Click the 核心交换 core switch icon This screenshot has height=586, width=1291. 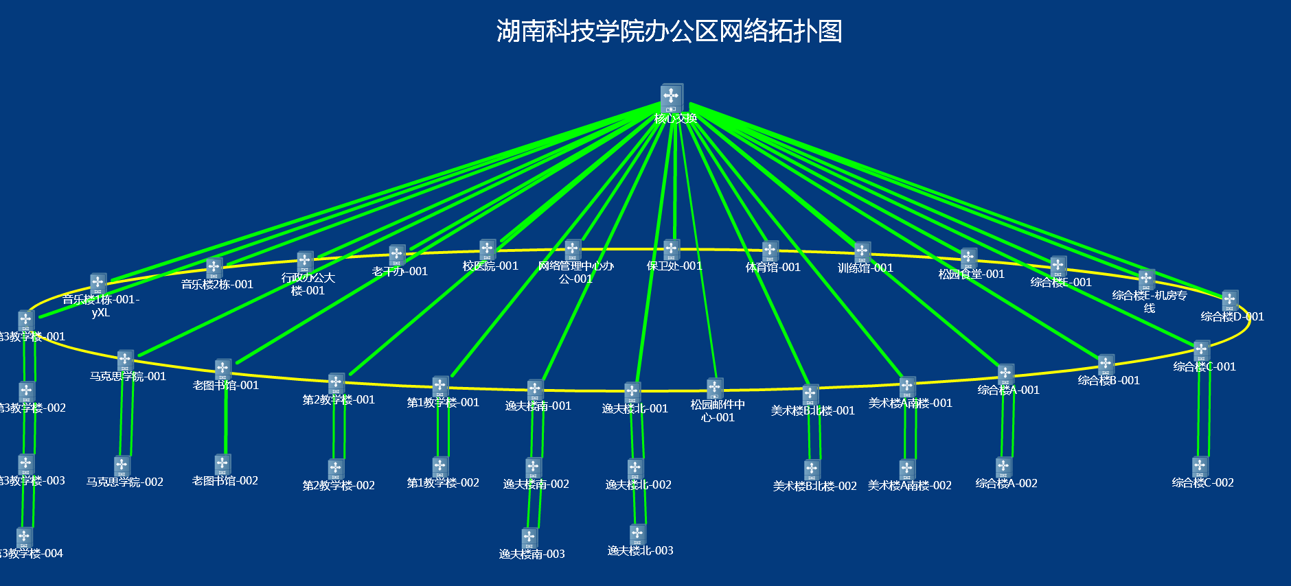(672, 97)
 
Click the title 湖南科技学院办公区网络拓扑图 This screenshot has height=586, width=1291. (669, 32)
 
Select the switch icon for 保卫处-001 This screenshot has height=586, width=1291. (672, 249)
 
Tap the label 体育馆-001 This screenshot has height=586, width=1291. (773, 267)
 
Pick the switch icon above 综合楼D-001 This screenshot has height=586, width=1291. (1230, 300)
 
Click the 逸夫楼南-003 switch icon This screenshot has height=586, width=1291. (529, 537)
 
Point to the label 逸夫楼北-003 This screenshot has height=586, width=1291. (640, 550)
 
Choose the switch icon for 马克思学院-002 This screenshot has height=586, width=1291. (122, 466)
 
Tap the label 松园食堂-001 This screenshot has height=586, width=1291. (971, 274)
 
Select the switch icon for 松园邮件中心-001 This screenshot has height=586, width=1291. (715, 388)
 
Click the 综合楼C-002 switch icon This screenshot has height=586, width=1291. (1200, 467)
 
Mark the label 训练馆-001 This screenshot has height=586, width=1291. (865, 268)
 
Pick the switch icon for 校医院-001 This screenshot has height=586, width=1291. (488, 249)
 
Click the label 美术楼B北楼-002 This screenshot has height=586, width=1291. (814, 486)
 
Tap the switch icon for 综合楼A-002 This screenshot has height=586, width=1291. (1004, 467)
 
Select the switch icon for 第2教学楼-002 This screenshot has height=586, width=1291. (336, 469)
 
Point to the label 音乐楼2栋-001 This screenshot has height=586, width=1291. (217, 284)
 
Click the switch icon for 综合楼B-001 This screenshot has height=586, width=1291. (1106, 364)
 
